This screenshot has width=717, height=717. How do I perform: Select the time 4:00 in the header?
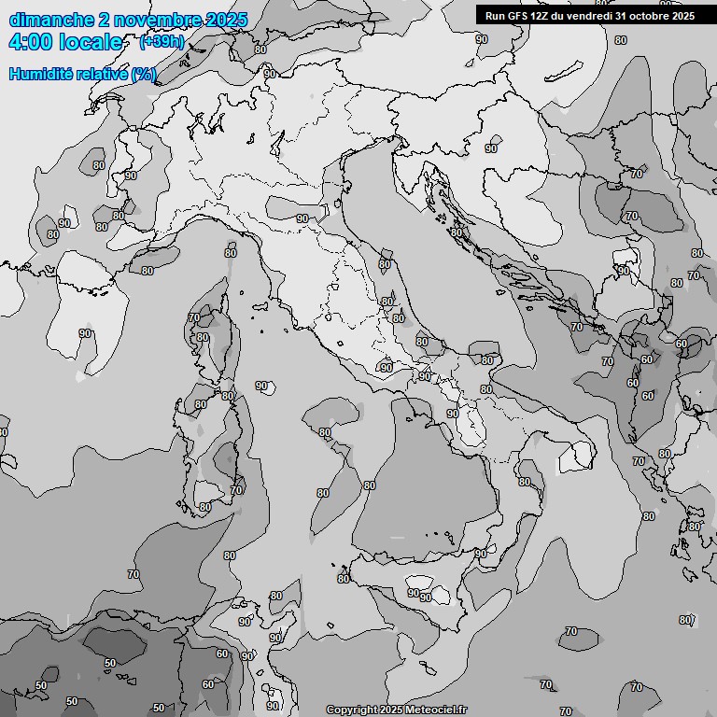coord(30,42)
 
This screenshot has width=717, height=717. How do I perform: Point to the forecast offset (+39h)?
coord(161,42)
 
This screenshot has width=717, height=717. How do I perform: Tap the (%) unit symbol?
coord(144,75)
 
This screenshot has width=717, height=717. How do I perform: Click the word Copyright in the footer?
coord(350,710)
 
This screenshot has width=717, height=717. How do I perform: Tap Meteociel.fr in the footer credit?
coord(435,710)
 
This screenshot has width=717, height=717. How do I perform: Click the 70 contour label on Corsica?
coord(193,318)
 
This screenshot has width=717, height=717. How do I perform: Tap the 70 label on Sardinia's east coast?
coord(236,490)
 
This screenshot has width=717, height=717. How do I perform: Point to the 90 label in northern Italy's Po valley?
coord(302,218)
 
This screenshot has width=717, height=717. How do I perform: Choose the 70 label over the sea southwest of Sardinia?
coord(134,574)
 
